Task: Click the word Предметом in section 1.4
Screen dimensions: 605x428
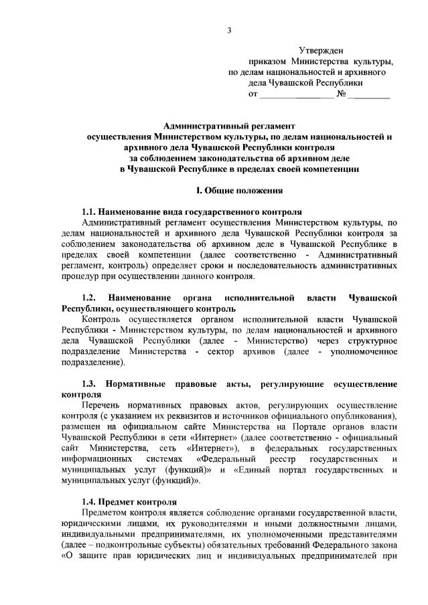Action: click(x=104, y=512)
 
